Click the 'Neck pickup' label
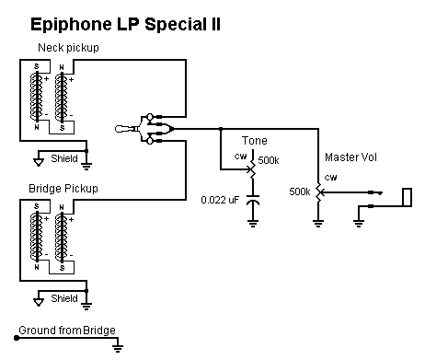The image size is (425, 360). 68,47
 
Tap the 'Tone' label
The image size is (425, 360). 254,140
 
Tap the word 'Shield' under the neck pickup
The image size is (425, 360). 63,157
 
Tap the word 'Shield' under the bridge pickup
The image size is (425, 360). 63,297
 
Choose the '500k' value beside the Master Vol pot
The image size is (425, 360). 299,192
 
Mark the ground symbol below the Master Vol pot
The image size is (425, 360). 317,222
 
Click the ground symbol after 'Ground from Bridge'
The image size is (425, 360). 119,347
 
